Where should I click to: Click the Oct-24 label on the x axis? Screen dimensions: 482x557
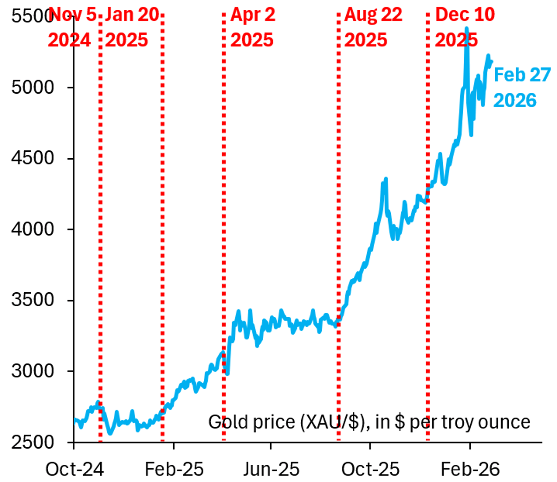pyautogui.click(x=74, y=469)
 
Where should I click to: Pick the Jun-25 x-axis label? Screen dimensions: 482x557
pyautogui.click(x=271, y=469)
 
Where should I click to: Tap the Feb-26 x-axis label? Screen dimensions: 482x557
pyautogui.click(x=470, y=469)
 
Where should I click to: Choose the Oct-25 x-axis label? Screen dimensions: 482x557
pyautogui.click(x=370, y=469)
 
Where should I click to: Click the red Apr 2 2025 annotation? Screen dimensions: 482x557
pyautogui.click(x=253, y=27)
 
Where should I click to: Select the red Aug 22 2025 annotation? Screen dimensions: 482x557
pyautogui.click(x=372, y=27)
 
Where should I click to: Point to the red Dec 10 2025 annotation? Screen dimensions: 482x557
pyautogui.click(x=464, y=27)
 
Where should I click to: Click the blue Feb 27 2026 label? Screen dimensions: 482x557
pyautogui.click(x=521, y=87)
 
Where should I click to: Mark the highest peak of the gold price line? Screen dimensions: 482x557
pyautogui.click(x=466, y=29)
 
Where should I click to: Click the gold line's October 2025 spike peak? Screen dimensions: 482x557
pyautogui.click(x=385, y=179)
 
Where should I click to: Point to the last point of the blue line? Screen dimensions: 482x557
pyautogui.click(x=491, y=61)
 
